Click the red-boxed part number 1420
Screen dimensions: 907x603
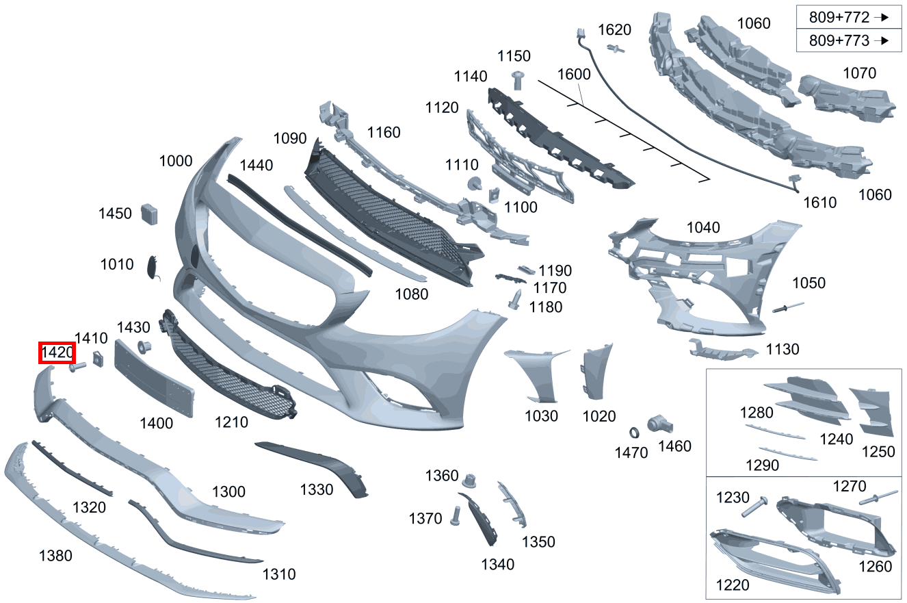point(57,352)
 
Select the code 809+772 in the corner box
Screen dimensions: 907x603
point(839,17)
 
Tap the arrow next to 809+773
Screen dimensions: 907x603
point(881,40)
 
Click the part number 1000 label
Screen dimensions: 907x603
point(176,162)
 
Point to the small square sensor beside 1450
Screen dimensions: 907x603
point(149,214)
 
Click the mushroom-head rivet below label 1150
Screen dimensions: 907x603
point(518,80)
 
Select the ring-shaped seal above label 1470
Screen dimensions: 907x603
point(634,433)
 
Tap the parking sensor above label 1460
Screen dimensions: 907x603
point(659,424)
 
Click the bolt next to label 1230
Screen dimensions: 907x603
point(754,506)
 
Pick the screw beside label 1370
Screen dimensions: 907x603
point(456,515)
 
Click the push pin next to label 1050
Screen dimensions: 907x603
point(788,307)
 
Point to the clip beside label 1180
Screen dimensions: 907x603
point(515,300)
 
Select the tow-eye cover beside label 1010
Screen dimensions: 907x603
point(153,268)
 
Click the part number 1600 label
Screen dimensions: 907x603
point(574,75)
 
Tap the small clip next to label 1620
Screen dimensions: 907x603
point(616,49)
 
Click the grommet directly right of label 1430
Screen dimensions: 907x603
point(144,347)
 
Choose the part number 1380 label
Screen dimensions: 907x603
point(55,556)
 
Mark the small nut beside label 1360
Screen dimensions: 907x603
point(469,480)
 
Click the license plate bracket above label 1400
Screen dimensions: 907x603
point(154,378)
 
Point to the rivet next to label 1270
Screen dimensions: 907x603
point(878,497)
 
